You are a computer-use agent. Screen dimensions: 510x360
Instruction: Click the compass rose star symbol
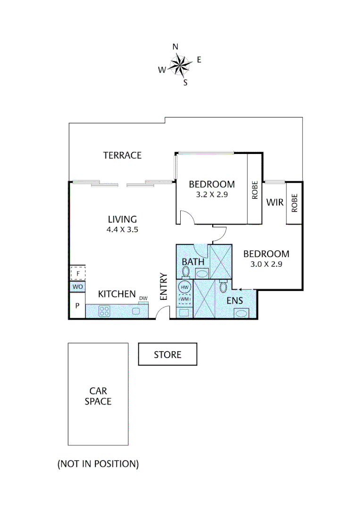[179, 65]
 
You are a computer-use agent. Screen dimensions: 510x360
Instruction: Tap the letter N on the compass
[175, 46]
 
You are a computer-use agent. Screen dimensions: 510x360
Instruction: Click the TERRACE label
[122, 155]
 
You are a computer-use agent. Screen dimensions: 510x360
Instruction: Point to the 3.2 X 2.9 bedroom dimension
[212, 194]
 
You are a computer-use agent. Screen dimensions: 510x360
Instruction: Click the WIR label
[275, 203]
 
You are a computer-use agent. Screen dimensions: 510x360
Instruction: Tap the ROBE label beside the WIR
[294, 203]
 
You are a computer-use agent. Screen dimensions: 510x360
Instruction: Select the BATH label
[193, 262]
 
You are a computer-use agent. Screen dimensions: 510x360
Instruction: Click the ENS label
[234, 300]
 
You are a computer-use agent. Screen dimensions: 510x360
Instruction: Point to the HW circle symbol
[184, 287]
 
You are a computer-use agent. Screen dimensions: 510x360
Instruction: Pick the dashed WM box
[184, 298]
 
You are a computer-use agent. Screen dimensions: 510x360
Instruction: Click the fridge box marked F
[77, 273]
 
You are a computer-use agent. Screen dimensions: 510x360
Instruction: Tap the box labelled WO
[77, 287]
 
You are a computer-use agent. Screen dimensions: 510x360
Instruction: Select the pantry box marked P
[77, 306]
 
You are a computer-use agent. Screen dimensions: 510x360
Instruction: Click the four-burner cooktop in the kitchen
[104, 311]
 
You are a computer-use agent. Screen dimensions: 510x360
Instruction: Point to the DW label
[143, 298]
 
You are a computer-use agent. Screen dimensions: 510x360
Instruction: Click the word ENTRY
[164, 287]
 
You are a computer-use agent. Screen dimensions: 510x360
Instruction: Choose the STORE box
[167, 354]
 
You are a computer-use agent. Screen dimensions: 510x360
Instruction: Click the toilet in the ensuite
[224, 287]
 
